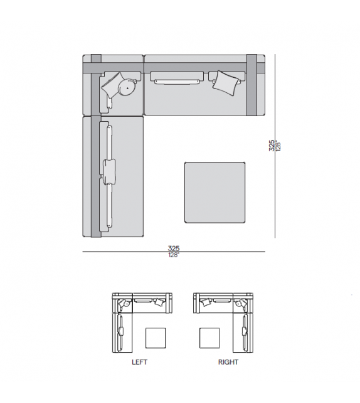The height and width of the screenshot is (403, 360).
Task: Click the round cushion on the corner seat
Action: pos(127,88)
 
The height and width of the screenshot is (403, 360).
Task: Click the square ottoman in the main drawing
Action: pos(215,192)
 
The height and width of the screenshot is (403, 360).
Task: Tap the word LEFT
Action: pos(139,362)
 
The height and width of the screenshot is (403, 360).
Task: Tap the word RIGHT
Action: pos(228,362)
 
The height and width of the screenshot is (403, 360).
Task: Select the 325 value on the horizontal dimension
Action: pos(174,249)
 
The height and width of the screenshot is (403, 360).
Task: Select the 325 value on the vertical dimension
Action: pos(272,146)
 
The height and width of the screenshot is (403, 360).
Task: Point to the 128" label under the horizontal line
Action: pos(174,255)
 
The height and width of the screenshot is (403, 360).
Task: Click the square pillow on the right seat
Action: pos(226,83)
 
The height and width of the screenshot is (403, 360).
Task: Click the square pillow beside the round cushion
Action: pos(111,85)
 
